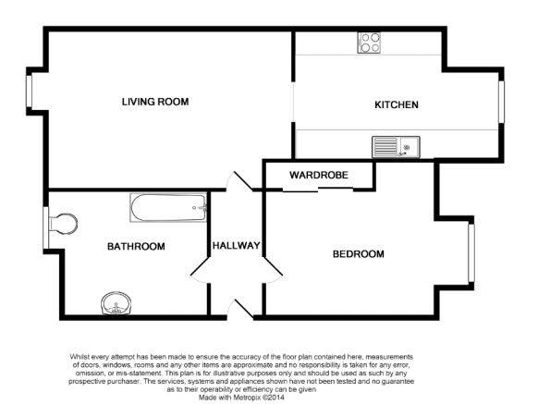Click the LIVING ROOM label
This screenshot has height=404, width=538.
tap(155, 102)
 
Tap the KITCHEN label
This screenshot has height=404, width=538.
tap(397, 104)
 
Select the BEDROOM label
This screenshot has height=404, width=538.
tap(359, 254)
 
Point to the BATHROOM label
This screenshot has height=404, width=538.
tap(136, 247)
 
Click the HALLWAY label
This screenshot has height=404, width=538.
tap(236, 246)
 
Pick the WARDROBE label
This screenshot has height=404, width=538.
tap(319, 176)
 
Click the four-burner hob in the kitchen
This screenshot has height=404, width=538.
tap(369, 43)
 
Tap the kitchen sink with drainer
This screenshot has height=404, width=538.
tap(396, 147)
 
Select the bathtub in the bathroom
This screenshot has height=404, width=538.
tap(168, 208)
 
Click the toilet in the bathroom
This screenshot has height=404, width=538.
tap(63, 224)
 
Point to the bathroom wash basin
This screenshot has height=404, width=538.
tap(116, 303)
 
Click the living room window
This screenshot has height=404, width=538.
tap(30, 92)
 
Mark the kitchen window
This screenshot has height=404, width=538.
tap(501, 102)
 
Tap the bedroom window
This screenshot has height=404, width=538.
tap(471, 253)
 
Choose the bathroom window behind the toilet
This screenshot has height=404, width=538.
tap(45, 227)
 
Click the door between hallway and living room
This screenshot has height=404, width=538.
tap(239, 180)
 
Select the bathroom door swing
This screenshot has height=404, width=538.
tap(200, 271)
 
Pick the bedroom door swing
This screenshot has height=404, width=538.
tap(273, 271)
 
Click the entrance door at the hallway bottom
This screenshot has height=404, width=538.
tap(240, 308)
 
